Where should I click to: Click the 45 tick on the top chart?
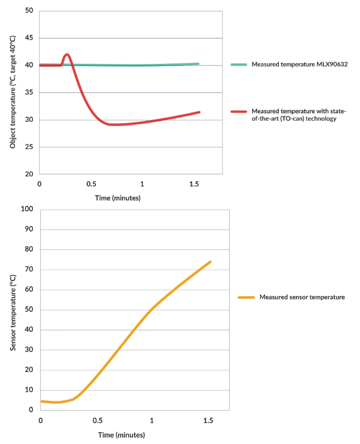coord(29,38)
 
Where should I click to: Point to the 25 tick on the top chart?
coord(29,147)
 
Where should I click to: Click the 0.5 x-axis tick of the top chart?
coord(91,184)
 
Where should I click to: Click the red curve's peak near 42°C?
coord(67,54)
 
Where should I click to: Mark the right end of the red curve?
coord(199,112)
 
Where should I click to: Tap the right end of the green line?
coord(198,64)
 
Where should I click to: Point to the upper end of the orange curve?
coord(210,262)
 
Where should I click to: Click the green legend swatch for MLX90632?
coord(239,64)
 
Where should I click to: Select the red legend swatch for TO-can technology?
coord(239,111)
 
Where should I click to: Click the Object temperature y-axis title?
coord(12,92)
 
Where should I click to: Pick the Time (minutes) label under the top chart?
coord(117,198)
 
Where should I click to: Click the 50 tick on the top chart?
coord(29,11)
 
